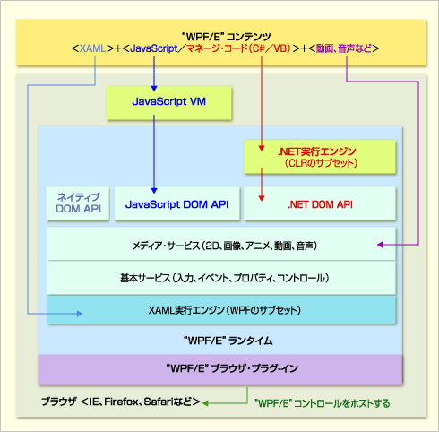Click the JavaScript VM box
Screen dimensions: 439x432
(x=169, y=103)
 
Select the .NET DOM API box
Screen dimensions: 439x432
(x=320, y=203)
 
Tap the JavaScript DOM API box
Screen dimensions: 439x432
(x=177, y=203)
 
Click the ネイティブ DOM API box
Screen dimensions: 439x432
(x=78, y=203)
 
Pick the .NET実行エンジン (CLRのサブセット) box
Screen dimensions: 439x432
(x=320, y=157)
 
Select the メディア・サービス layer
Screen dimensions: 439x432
(x=221, y=244)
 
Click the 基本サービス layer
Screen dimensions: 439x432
(x=221, y=278)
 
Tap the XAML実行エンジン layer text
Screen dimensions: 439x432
(x=225, y=310)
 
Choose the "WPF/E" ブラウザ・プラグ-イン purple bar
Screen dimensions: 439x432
(x=220, y=369)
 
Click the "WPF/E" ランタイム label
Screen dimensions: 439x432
(x=228, y=341)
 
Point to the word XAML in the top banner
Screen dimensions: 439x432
(x=92, y=48)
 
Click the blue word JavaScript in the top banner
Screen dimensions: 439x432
(x=154, y=48)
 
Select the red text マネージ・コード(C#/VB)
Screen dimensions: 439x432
(x=238, y=48)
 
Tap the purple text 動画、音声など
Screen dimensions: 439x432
(x=344, y=48)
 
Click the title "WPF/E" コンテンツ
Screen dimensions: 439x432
(x=227, y=37)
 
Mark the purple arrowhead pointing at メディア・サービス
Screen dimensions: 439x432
(x=380, y=245)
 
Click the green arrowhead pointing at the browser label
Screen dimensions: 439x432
(x=205, y=403)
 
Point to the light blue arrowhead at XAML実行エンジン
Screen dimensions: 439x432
(x=80, y=314)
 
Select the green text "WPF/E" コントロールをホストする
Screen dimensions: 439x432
(x=323, y=403)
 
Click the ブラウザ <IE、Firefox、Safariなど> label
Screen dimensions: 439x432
(x=121, y=402)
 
